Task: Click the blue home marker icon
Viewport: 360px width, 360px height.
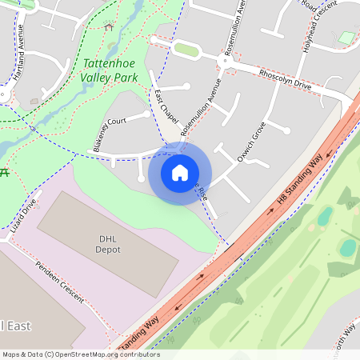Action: (x=180, y=173)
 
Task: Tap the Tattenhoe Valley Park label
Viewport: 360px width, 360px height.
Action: (x=109, y=70)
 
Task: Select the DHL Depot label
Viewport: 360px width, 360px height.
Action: (x=109, y=244)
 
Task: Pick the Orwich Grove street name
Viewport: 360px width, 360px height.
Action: (x=250, y=142)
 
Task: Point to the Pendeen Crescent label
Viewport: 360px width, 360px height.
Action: (x=60, y=281)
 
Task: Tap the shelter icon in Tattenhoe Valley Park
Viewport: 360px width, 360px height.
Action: (x=109, y=26)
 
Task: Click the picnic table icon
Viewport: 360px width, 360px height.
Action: (x=4, y=171)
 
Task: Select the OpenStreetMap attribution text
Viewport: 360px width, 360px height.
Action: (x=81, y=354)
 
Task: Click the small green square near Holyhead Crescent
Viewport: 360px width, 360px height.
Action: (x=346, y=38)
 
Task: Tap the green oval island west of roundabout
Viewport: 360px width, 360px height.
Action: (x=186, y=50)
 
